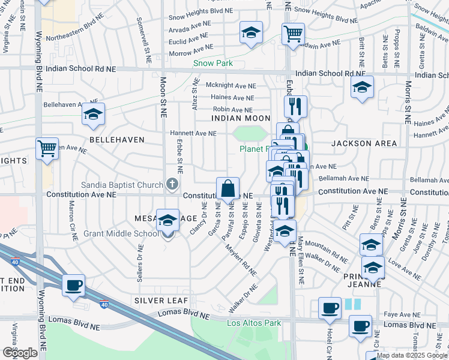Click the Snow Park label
[213, 62]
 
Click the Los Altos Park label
[254, 323]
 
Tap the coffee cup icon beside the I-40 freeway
[74, 286]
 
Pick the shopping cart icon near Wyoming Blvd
[47, 148]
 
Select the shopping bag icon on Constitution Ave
[228, 188]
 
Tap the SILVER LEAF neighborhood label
[161, 300]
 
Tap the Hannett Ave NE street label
[193, 133]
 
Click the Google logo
[20, 352]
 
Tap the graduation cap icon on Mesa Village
[168, 221]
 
